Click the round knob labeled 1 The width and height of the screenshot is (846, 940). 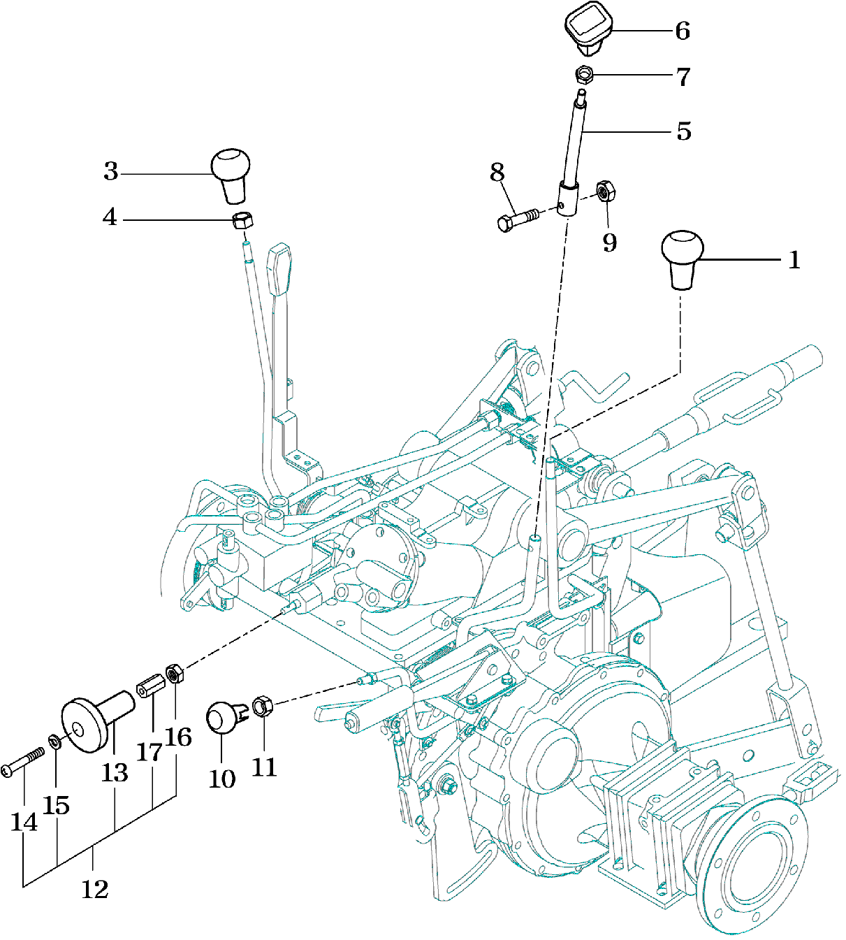tap(682, 258)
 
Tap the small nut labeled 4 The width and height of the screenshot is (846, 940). tap(242, 221)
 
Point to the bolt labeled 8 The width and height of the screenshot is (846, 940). tap(517, 219)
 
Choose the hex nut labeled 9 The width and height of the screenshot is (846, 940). tap(604, 191)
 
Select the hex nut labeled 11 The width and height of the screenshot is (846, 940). tap(262, 706)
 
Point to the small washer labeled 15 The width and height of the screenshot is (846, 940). tap(54, 740)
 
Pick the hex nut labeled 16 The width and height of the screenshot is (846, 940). tap(174, 675)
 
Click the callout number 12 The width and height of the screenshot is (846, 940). tap(95, 889)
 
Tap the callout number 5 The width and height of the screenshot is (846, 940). tap(683, 131)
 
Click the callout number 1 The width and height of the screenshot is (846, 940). tap(794, 260)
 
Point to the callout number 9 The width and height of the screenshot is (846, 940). tap(609, 243)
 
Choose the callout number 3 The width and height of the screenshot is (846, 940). tap(111, 171)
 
